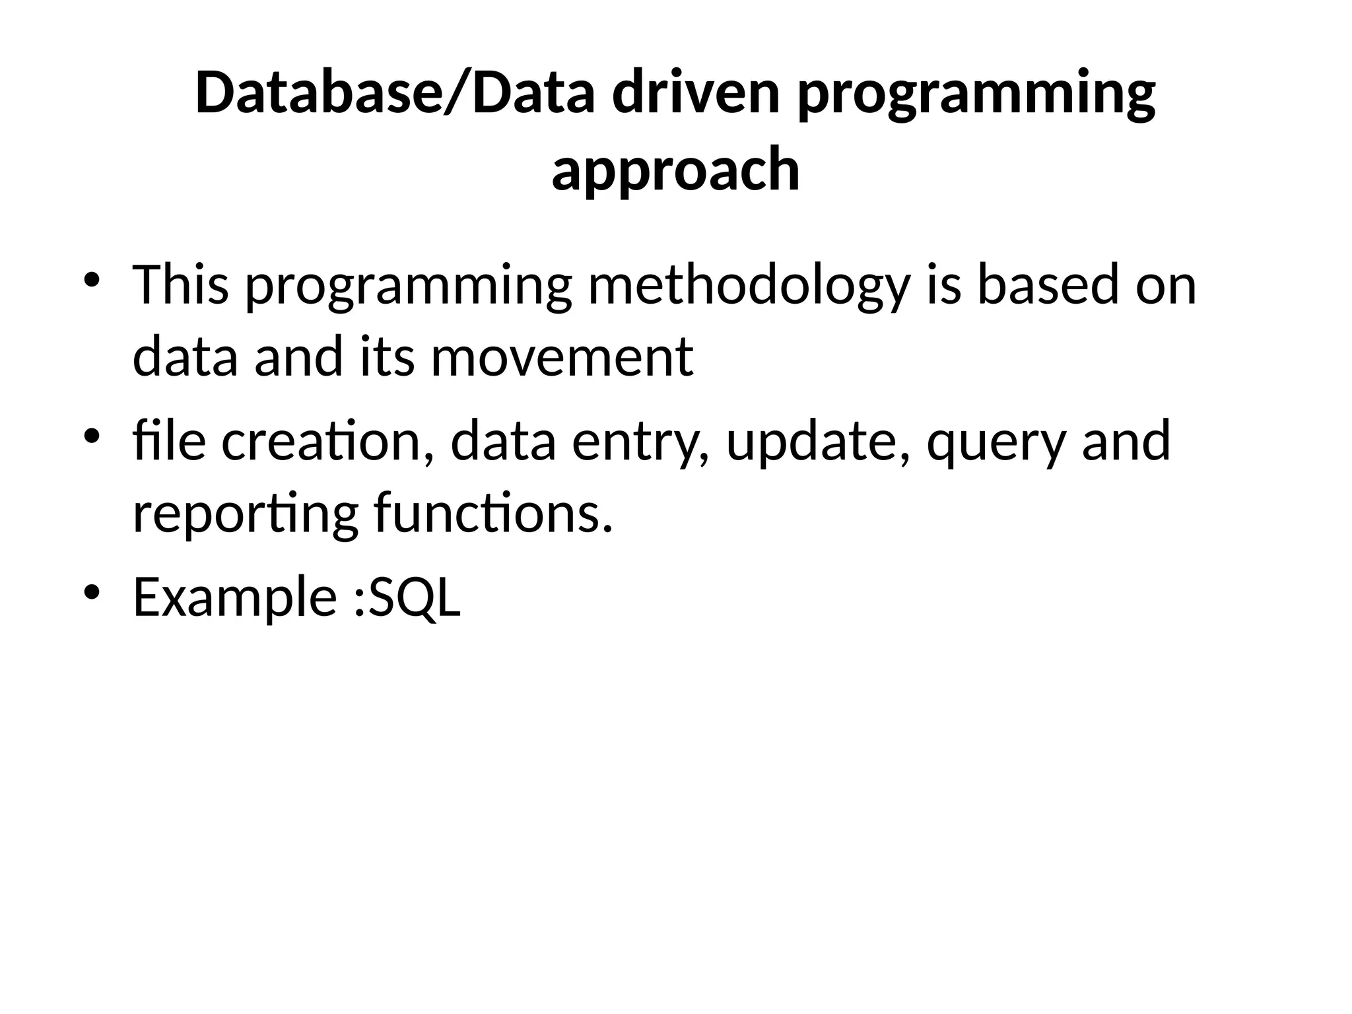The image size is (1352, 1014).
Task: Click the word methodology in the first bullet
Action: click(749, 287)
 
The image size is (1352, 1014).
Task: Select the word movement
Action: click(561, 357)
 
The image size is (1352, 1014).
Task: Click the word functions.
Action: click(493, 514)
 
